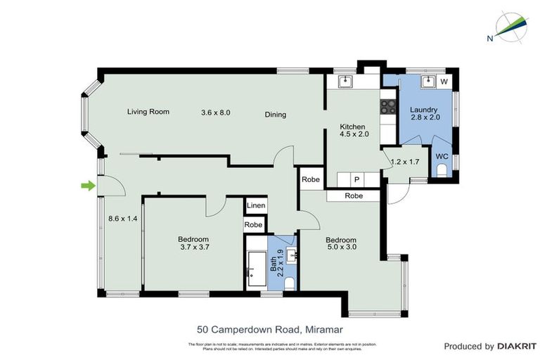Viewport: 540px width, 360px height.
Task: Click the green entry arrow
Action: coord(87,186)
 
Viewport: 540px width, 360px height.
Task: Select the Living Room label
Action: coord(149,111)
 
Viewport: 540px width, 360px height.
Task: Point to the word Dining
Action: coord(276,115)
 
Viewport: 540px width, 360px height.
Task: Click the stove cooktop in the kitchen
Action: coord(388,107)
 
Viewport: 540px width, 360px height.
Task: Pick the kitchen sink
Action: coord(345,82)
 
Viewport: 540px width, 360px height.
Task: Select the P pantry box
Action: coord(356,179)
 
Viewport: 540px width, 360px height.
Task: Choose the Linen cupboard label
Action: coord(255,205)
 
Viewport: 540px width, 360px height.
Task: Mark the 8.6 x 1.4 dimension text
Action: coord(122,219)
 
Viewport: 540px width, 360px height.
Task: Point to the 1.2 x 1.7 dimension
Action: coord(405,162)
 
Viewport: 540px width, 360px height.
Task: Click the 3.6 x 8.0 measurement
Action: coord(216,112)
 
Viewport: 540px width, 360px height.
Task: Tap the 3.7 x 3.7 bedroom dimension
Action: coord(193,247)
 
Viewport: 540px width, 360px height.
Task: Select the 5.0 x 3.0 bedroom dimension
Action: coord(341,248)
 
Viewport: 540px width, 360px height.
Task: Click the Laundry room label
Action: coord(424,110)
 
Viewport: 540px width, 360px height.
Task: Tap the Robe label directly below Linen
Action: coord(253,225)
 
